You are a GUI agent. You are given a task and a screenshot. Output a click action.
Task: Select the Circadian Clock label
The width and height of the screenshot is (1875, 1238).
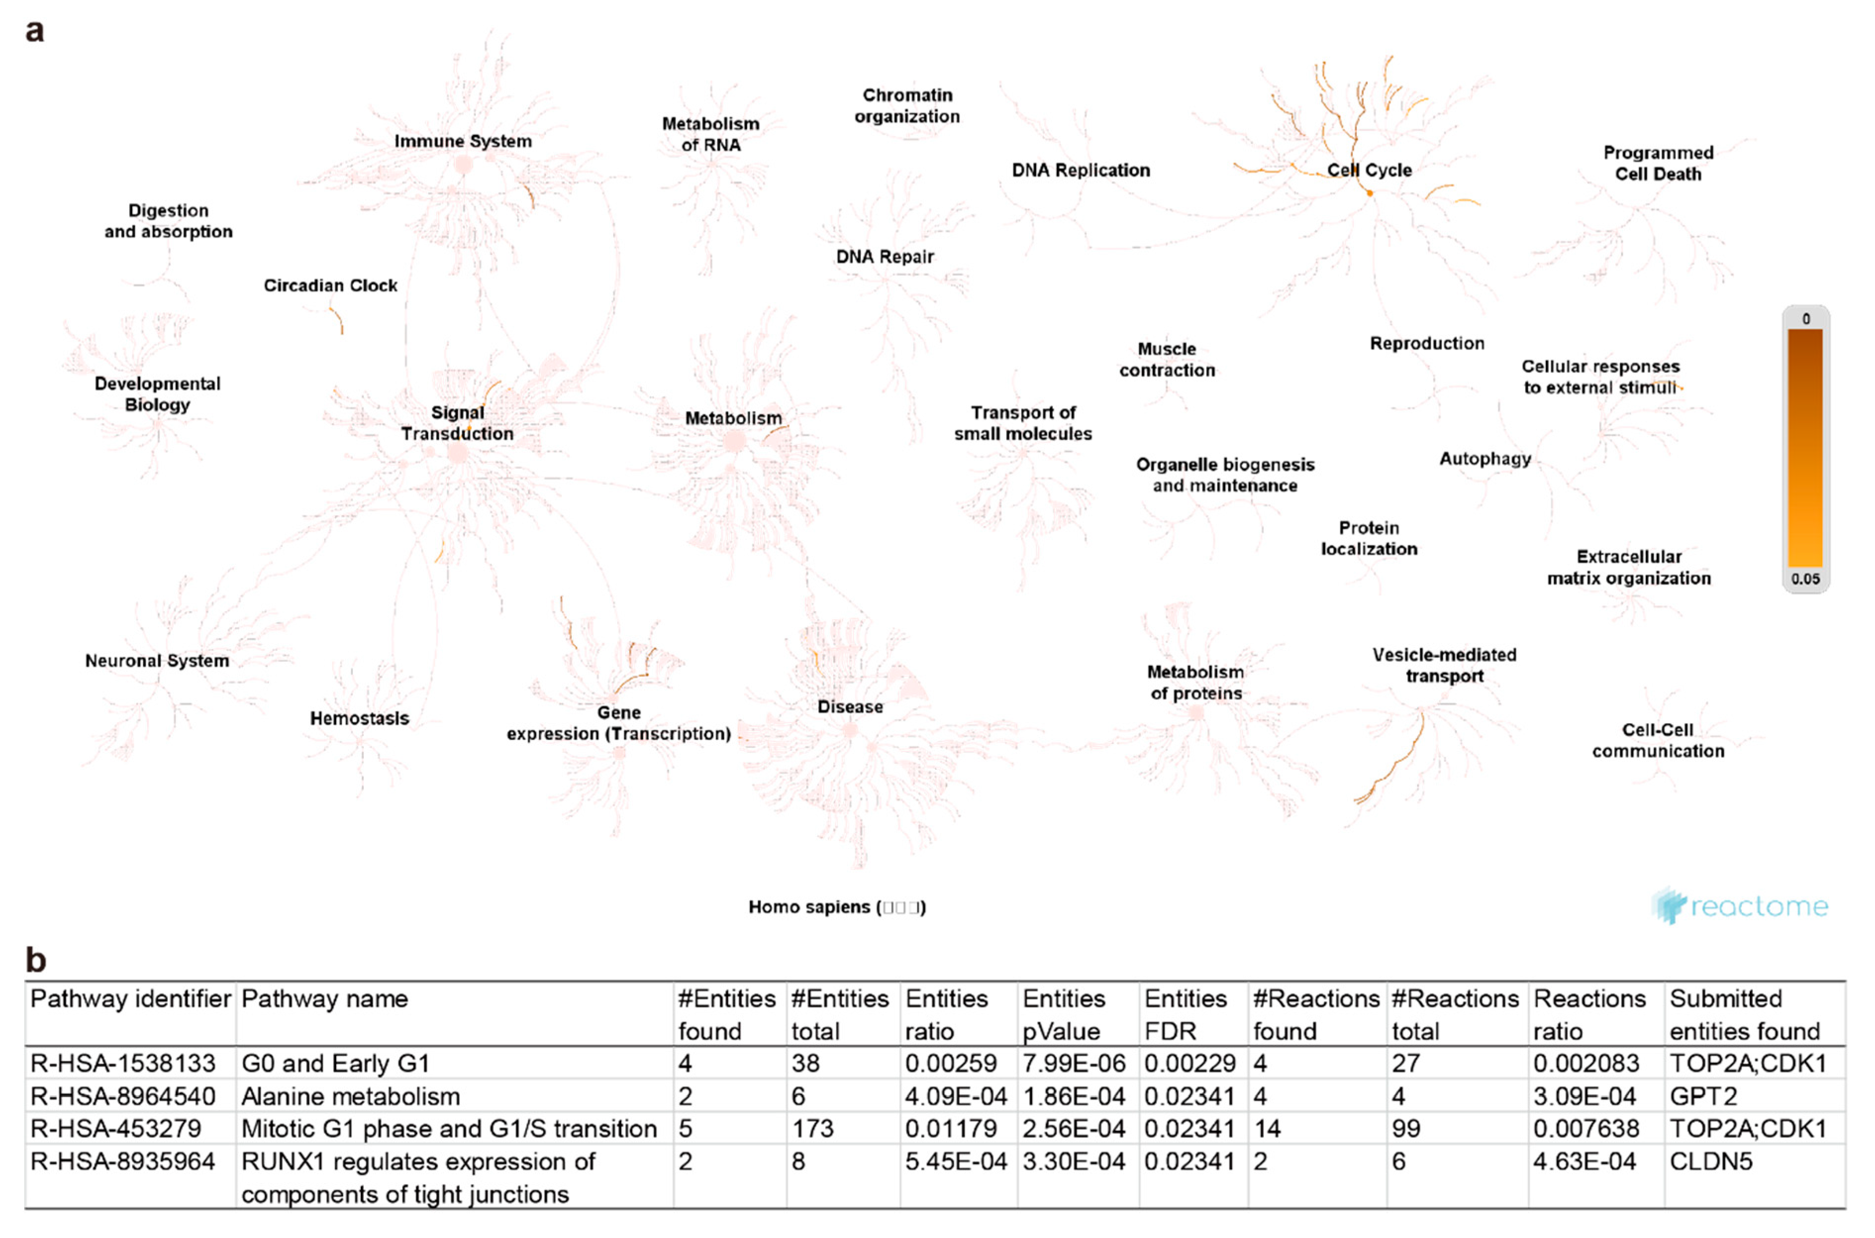[330, 285]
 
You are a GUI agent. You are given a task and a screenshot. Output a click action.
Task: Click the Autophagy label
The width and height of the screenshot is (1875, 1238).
[1485, 459]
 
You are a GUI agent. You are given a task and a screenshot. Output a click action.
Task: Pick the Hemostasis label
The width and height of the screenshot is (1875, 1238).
[359, 718]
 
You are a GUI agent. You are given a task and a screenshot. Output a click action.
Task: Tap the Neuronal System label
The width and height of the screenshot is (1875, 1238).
[157, 661]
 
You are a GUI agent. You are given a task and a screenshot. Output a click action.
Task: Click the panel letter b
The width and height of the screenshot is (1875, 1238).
[36, 960]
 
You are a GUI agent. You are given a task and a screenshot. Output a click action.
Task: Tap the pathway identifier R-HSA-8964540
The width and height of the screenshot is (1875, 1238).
[122, 1096]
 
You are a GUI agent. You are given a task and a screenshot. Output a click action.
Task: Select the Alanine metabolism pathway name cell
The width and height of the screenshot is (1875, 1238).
[350, 1096]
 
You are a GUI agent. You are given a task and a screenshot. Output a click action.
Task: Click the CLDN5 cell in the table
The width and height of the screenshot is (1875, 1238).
[1711, 1161]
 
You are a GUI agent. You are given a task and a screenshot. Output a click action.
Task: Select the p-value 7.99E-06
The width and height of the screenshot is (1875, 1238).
[1074, 1063]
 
